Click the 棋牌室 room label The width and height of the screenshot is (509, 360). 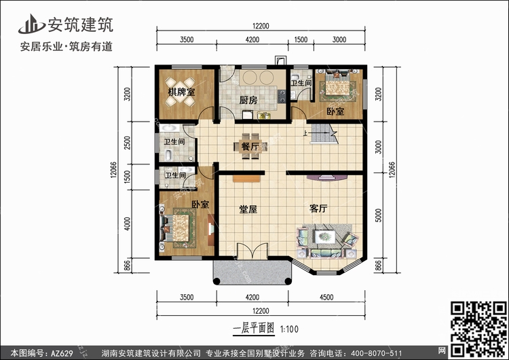(x=181, y=92)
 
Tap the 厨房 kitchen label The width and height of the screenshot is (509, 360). (x=248, y=100)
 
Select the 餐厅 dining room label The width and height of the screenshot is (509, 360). (x=250, y=146)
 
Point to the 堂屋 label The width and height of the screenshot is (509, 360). (x=248, y=209)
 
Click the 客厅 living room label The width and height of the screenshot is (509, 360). (x=318, y=209)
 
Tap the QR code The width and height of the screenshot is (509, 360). (x=479, y=329)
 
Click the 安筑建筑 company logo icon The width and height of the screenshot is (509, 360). (x=31, y=24)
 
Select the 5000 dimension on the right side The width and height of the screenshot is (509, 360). (x=379, y=215)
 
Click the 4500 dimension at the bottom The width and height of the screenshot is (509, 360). (x=326, y=298)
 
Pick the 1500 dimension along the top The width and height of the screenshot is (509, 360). (x=301, y=39)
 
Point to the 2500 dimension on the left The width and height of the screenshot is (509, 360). (x=128, y=143)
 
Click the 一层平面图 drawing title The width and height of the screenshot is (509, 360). (x=254, y=329)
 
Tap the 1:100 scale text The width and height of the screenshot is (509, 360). (x=289, y=329)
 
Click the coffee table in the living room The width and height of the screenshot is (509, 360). (x=325, y=236)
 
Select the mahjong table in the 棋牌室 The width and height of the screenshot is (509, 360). (x=181, y=92)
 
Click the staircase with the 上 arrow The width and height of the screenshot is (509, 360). (x=324, y=134)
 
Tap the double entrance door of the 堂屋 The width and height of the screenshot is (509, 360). (x=252, y=251)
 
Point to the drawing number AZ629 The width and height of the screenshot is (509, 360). (x=62, y=353)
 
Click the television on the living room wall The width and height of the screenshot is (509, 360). (x=327, y=177)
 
